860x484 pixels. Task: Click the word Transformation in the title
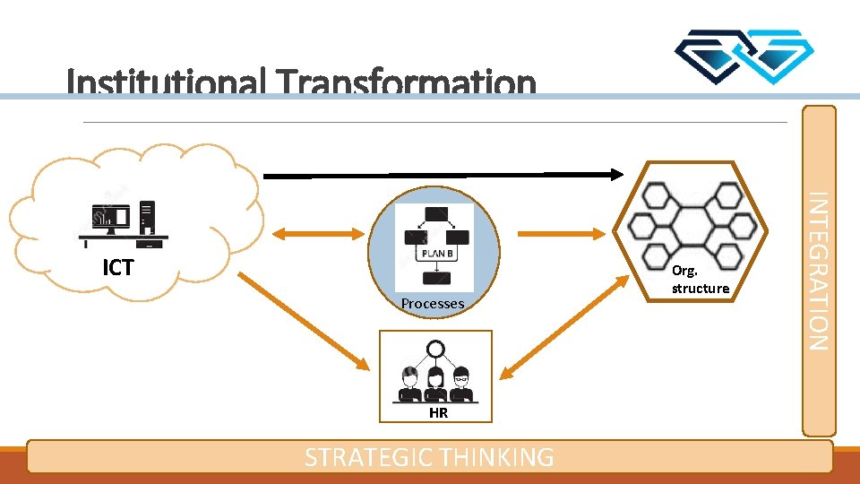coord(407,83)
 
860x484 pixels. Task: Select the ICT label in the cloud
coord(117,267)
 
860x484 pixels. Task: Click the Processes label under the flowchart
coord(433,304)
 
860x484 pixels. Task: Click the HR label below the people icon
coord(438,413)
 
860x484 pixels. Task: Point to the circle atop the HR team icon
coord(436,349)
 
